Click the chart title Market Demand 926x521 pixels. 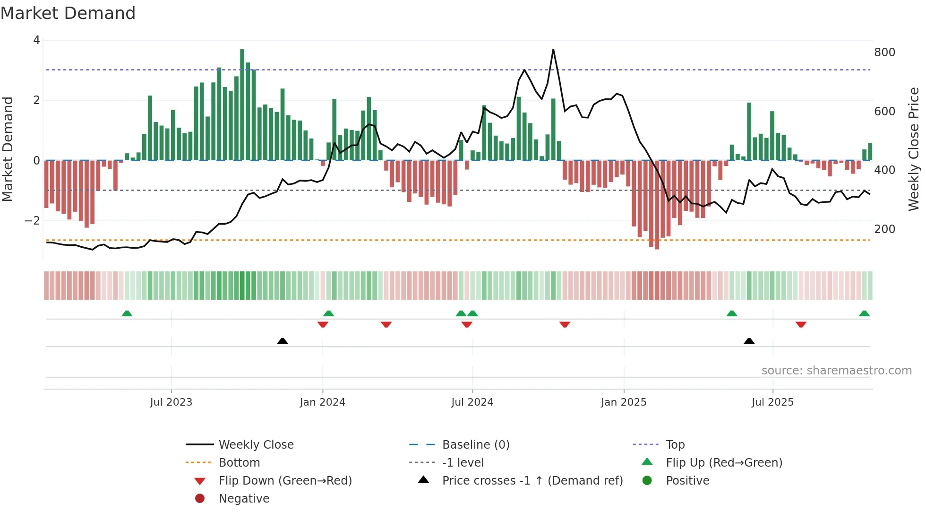[68, 13]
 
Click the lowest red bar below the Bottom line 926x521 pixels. [657, 246]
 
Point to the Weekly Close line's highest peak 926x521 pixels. [553, 50]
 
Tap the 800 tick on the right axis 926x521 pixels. [884, 52]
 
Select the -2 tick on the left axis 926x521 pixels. [32, 221]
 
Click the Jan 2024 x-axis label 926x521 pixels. [322, 402]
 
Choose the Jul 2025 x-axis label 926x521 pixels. [772, 402]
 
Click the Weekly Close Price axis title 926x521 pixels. [914, 149]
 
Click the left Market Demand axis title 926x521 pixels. [8, 149]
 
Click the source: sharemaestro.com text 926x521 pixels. [836, 371]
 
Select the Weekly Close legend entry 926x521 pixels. [256, 445]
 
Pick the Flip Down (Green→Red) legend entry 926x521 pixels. [285, 481]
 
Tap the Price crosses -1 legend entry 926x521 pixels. [532, 481]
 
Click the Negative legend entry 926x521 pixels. [244, 499]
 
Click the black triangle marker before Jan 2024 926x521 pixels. [283, 341]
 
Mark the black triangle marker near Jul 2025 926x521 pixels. [749, 341]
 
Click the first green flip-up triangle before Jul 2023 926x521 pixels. [127, 313]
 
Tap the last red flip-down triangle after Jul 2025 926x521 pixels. [801, 324]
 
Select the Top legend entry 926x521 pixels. [675, 445]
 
